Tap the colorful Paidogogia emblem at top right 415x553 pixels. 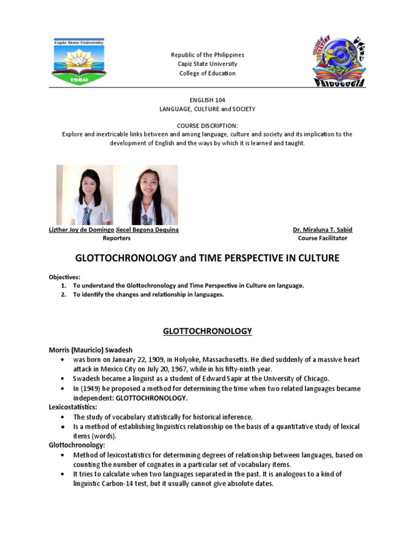pyautogui.click(x=339, y=61)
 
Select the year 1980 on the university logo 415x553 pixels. pyautogui.click(x=79, y=78)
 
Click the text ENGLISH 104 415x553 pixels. pyautogui.click(x=207, y=100)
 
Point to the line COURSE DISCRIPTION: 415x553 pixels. pyautogui.click(x=207, y=125)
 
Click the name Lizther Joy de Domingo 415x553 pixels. pyautogui.click(x=82, y=230)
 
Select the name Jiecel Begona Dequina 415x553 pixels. pyautogui.click(x=147, y=230)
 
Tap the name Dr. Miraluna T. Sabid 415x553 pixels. pyautogui.click(x=323, y=230)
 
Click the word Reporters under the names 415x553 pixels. pyautogui.click(x=113, y=238)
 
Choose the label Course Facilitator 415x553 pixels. pyautogui.click(x=323, y=238)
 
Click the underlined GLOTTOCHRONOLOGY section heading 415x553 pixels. pyautogui.click(x=207, y=331)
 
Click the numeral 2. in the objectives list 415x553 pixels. pyautogui.click(x=64, y=294)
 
